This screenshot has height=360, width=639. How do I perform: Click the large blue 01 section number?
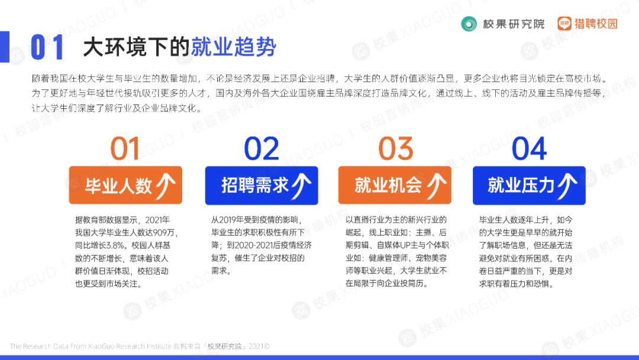click(x=47, y=48)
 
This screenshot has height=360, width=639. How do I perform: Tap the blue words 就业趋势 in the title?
click(x=233, y=47)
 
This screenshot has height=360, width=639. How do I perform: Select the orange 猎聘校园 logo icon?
click(x=565, y=24)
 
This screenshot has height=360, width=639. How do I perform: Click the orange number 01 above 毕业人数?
click(x=125, y=149)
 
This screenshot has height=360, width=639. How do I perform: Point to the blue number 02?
click(x=262, y=149)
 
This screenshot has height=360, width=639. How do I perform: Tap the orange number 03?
click(x=395, y=149)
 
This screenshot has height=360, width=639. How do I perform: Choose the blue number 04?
click(x=530, y=149)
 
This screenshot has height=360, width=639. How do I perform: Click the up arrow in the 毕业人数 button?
click(x=165, y=185)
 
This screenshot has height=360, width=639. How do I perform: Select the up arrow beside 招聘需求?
click(x=302, y=185)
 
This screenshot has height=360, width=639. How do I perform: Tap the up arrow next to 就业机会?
click(x=435, y=185)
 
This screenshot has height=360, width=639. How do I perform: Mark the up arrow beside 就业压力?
click(x=568, y=185)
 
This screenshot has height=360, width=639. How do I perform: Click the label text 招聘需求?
click(x=255, y=185)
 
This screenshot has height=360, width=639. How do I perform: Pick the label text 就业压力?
click(x=521, y=185)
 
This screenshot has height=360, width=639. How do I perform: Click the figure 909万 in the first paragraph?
click(x=165, y=232)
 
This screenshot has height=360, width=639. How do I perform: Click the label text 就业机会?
click(x=388, y=185)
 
